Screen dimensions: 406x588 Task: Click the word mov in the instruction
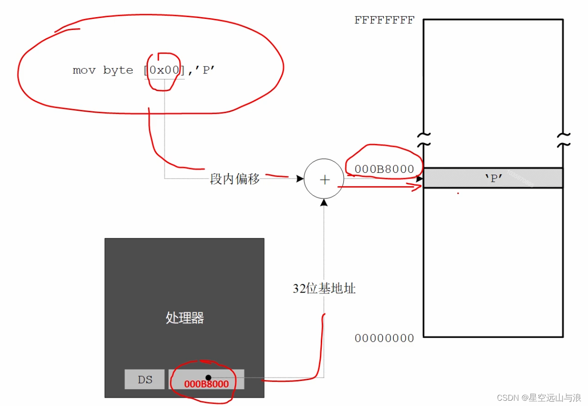coord(84,70)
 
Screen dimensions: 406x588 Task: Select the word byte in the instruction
coord(118,70)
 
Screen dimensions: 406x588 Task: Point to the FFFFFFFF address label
coord(384,20)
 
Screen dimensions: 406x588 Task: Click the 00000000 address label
coord(384,338)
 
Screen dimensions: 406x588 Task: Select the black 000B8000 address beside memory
coord(384,169)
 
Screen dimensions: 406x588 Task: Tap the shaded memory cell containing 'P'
coord(493,178)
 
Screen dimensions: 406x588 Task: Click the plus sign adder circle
coord(324,179)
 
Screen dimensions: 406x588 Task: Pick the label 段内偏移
coord(235,179)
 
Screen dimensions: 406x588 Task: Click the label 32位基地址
coord(324,289)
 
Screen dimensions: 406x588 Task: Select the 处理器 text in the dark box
coord(184,318)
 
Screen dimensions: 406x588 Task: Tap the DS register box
coord(144,380)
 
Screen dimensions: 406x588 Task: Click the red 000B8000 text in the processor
coord(206,384)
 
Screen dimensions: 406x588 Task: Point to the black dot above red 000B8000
coord(208,377)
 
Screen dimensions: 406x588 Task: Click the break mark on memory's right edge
coord(563,139)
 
